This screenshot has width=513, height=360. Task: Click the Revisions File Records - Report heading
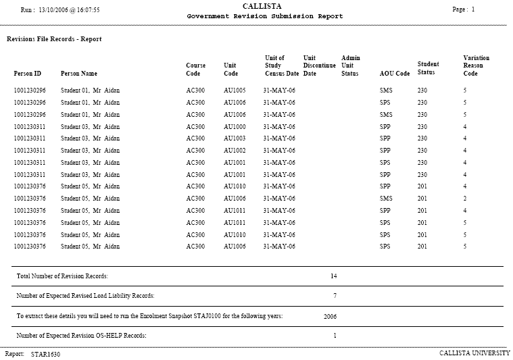pyautogui.click(x=54, y=39)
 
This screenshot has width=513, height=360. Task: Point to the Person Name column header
pyautogui.click(x=79, y=73)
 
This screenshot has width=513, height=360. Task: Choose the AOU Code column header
pyautogui.click(x=395, y=74)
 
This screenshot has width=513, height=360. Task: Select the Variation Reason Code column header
pyautogui.click(x=476, y=66)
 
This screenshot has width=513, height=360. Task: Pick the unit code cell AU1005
pyautogui.click(x=235, y=90)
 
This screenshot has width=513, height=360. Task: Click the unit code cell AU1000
pyautogui.click(x=235, y=126)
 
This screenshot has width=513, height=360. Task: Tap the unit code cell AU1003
pyautogui.click(x=235, y=138)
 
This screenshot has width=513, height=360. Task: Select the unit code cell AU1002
pyautogui.click(x=235, y=151)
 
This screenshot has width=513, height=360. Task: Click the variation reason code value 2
pyautogui.click(x=465, y=199)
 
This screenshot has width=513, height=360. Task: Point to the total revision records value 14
pyautogui.click(x=333, y=276)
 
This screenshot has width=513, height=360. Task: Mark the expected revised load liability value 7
pyautogui.click(x=335, y=296)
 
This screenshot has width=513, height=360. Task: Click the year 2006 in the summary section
pyautogui.click(x=331, y=315)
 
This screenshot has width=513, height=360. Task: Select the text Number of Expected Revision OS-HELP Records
pyautogui.click(x=82, y=335)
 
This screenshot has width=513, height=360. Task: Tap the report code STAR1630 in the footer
pyautogui.click(x=45, y=354)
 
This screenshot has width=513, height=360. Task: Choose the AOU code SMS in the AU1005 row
pyautogui.click(x=386, y=90)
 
